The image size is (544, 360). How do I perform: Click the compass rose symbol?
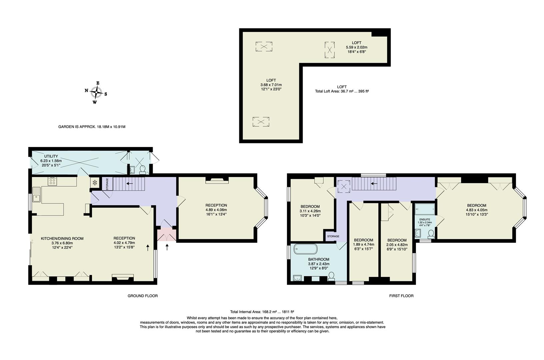(96, 92)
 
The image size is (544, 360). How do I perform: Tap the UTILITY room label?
(51, 156)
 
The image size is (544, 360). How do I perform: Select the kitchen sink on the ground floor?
(36, 194)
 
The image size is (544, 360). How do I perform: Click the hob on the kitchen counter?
(52, 182)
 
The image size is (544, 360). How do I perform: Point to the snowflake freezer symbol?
(95, 182)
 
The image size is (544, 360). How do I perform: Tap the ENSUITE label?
(424, 219)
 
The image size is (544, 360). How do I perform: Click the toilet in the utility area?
(143, 170)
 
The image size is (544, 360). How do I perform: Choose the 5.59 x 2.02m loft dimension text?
(356, 47)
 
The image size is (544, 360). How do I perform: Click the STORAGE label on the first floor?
(333, 236)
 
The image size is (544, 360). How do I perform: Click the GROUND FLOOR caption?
(143, 296)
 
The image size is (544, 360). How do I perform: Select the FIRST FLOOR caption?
(401, 296)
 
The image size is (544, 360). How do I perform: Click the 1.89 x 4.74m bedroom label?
(363, 244)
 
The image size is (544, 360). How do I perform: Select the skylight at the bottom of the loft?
(261, 122)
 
